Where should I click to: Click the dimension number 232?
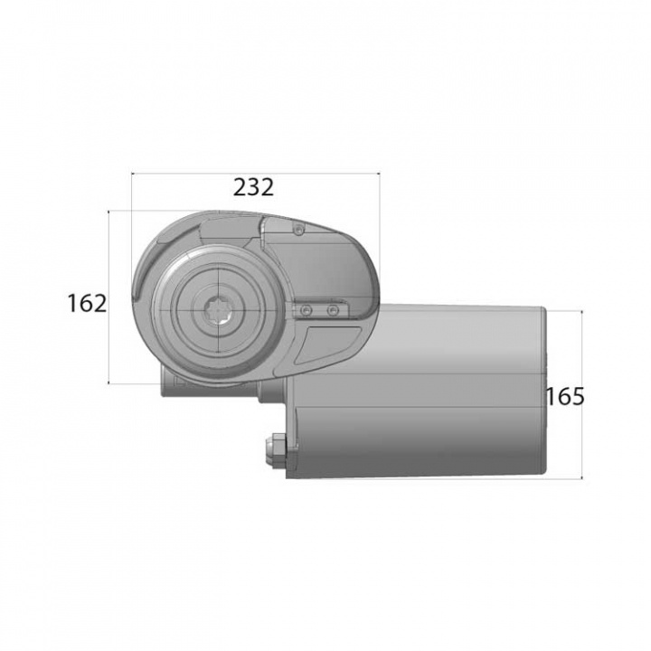pyautogui.click(x=253, y=187)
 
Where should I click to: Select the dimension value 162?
pyautogui.click(x=87, y=303)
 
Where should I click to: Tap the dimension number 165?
pyautogui.click(x=565, y=396)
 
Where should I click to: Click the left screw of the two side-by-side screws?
pyautogui.click(x=307, y=311)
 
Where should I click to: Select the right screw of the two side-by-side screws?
pyautogui.click(x=333, y=311)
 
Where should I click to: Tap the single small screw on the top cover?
pyautogui.click(x=297, y=229)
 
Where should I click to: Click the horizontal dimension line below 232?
pyautogui.click(x=255, y=172)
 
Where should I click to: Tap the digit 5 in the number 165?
pyautogui.click(x=578, y=396)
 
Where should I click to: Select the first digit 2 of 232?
pyautogui.click(x=241, y=187)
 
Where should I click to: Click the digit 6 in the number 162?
pyautogui.click(x=88, y=303)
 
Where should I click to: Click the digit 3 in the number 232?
pyautogui.click(x=254, y=187)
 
